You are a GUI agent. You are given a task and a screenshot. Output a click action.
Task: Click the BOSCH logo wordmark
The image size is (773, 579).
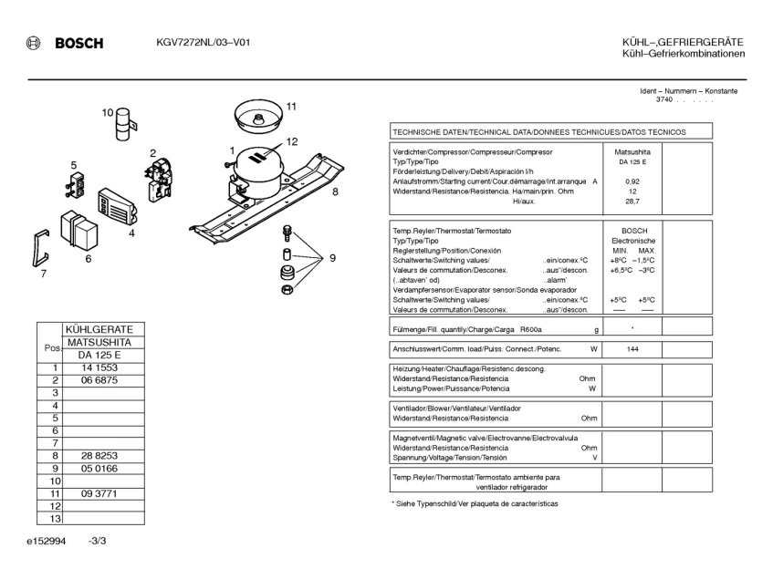(x=78, y=43)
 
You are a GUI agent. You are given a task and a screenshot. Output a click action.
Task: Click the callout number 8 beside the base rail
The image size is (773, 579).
(x=335, y=191)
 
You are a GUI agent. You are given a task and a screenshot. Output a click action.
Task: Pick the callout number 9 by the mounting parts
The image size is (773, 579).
(x=332, y=258)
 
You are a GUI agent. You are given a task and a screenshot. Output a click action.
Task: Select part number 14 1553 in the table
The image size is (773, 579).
(x=99, y=367)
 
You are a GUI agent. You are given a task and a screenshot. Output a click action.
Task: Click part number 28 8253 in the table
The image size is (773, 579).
(x=99, y=455)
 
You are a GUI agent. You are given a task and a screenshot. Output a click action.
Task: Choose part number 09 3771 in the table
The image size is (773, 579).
(x=99, y=493)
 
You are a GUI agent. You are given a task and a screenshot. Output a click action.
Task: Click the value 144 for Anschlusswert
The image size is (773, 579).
(x=632, y=349)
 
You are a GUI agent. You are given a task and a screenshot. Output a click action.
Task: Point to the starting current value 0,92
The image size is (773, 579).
(x=632, y=181)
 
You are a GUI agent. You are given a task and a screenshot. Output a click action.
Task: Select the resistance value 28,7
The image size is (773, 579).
(x=632, y=201)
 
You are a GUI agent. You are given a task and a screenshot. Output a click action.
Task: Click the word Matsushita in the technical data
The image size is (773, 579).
(x=632, y=151)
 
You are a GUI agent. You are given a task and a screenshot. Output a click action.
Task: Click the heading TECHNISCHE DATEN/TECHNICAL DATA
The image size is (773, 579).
(x=538, y=131)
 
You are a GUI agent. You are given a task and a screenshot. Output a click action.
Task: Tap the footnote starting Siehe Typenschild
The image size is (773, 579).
(x=475, y=504)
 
